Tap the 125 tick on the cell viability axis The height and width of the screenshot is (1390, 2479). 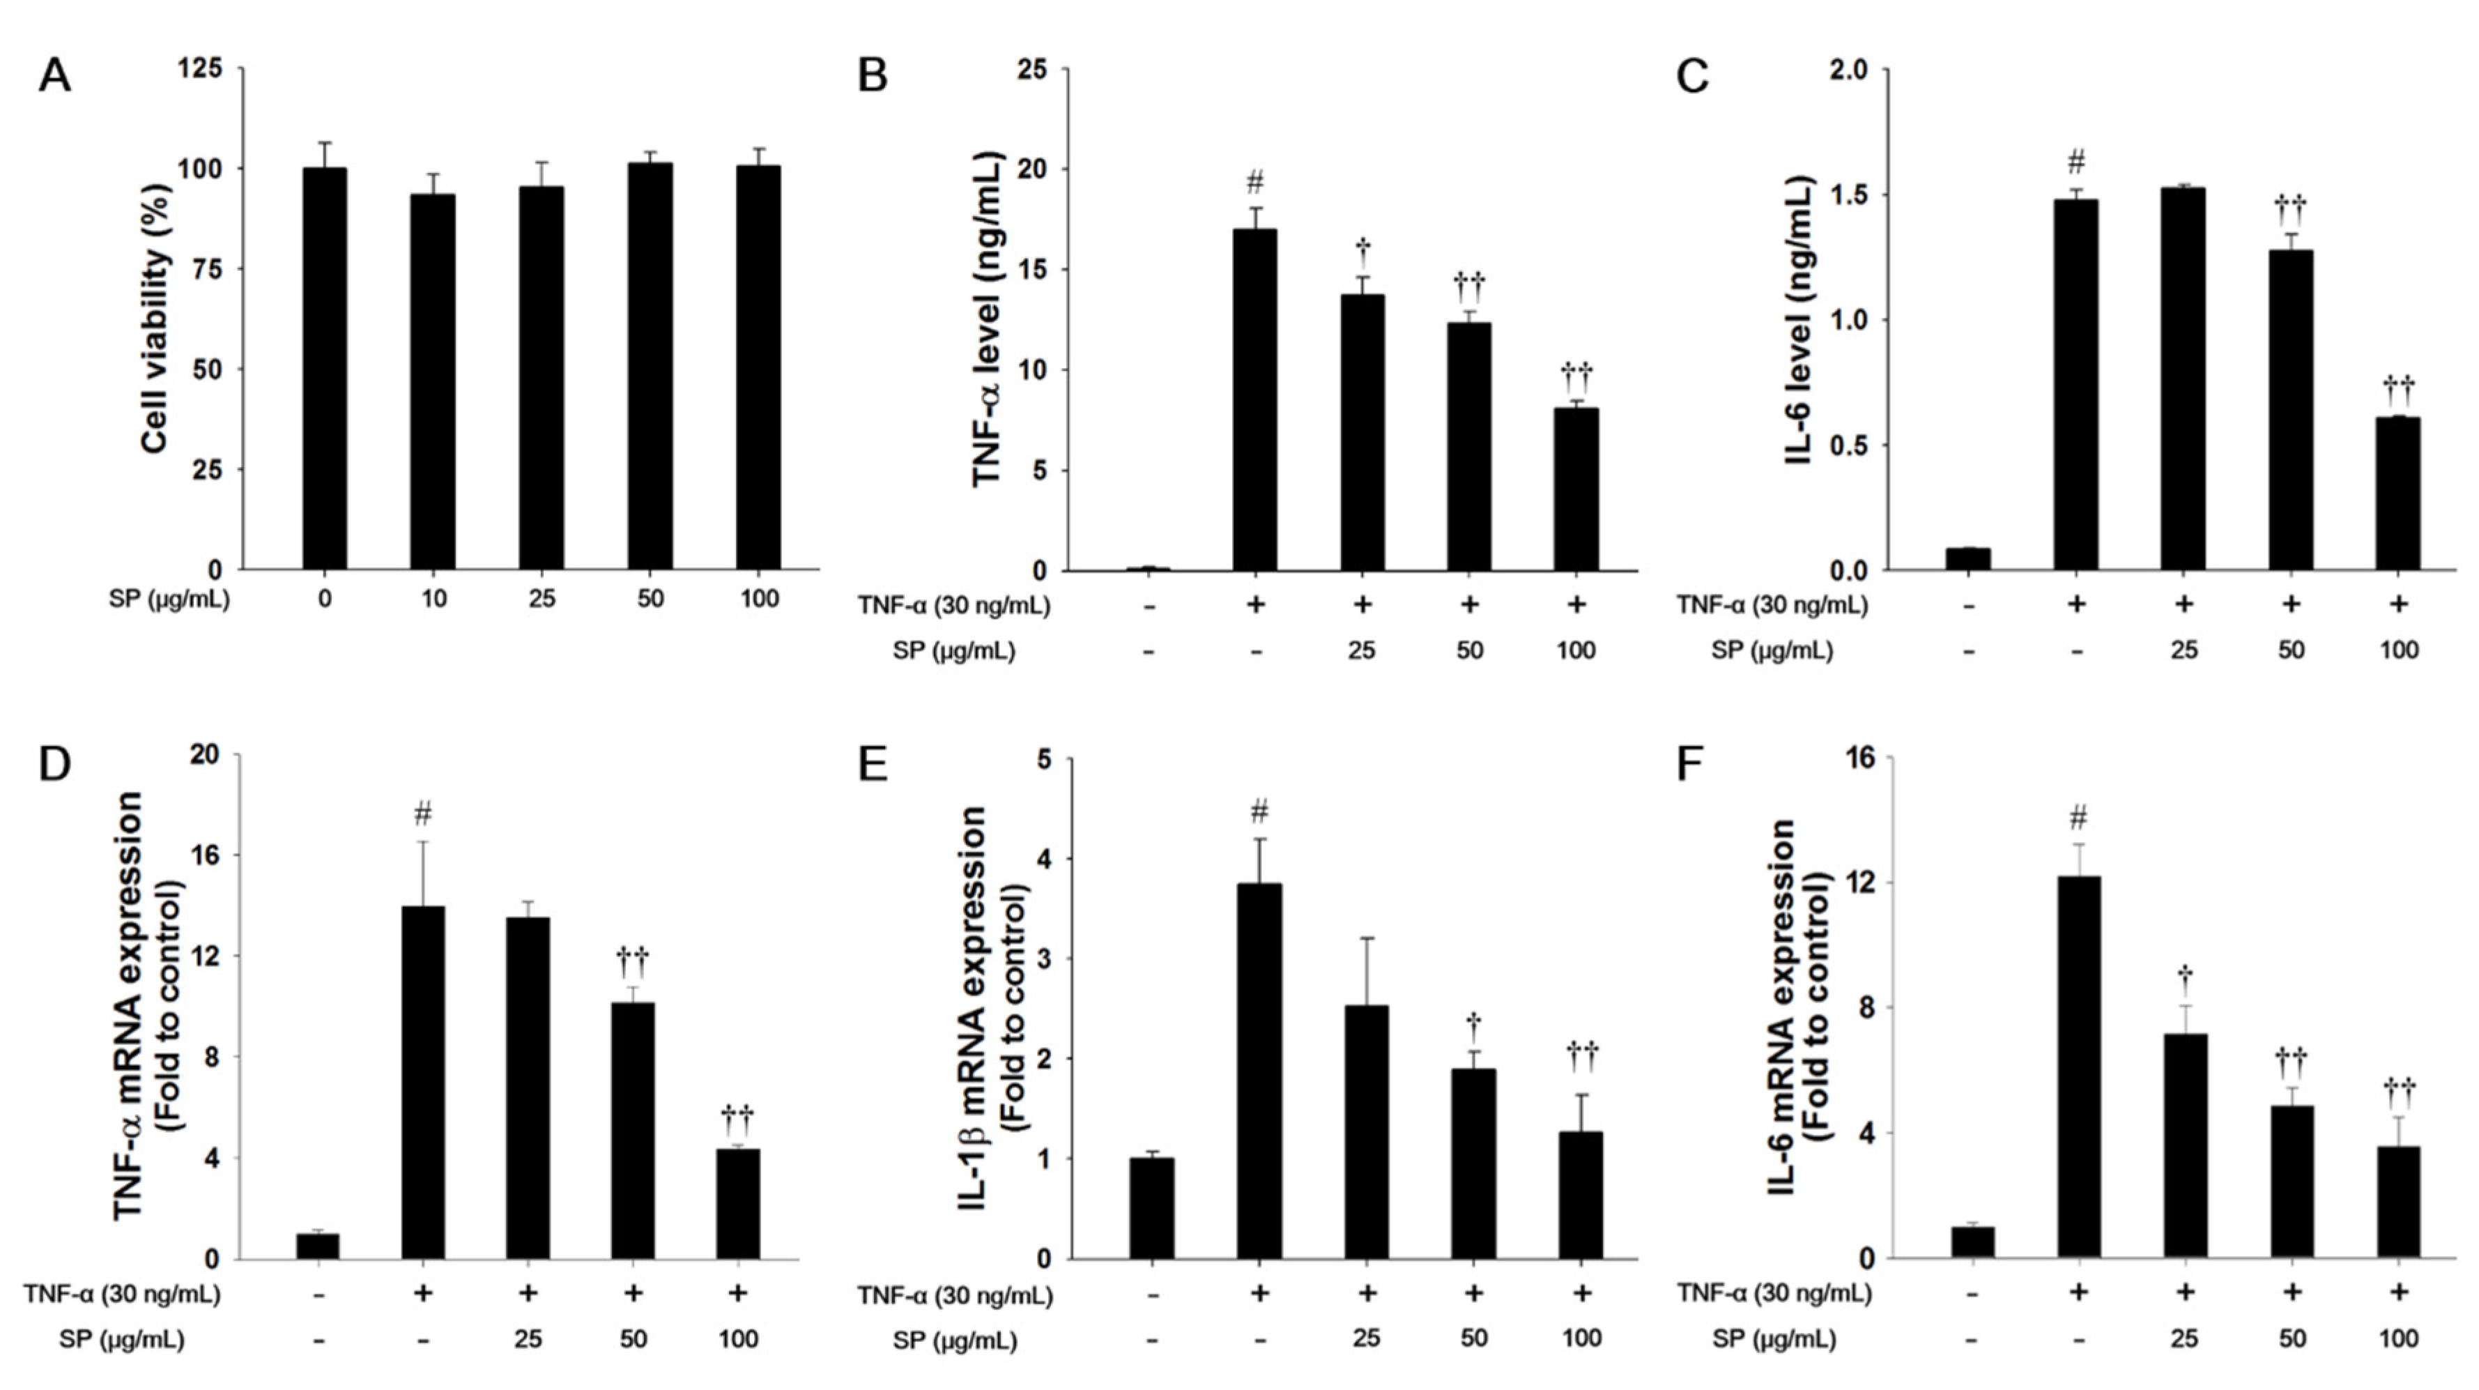(x=201, y=68)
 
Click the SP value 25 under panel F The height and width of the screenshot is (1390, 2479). (x=2184, y=1339)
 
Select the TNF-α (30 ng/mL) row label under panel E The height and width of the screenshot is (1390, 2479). (x=955, y=1296)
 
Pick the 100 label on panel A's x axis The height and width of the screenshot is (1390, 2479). (x=758, y=599)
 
